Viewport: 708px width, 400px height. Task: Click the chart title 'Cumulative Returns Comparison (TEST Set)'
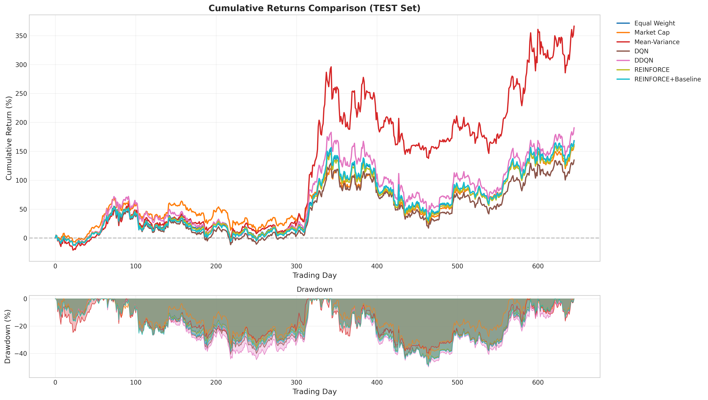(314, 8)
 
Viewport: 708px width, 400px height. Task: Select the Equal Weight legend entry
(654, 23)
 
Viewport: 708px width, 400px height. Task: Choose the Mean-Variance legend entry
(657, 42)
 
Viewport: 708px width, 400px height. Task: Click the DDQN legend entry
(643, 60)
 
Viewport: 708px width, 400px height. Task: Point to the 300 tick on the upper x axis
(296, 266)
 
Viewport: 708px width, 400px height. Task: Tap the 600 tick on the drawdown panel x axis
(538, 382)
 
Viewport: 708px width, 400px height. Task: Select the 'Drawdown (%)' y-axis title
(8, 337)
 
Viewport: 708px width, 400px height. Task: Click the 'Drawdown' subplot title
(314, 290)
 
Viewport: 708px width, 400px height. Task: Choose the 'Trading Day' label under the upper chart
(314, 275)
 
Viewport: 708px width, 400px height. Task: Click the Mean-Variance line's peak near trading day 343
(331, 67)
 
